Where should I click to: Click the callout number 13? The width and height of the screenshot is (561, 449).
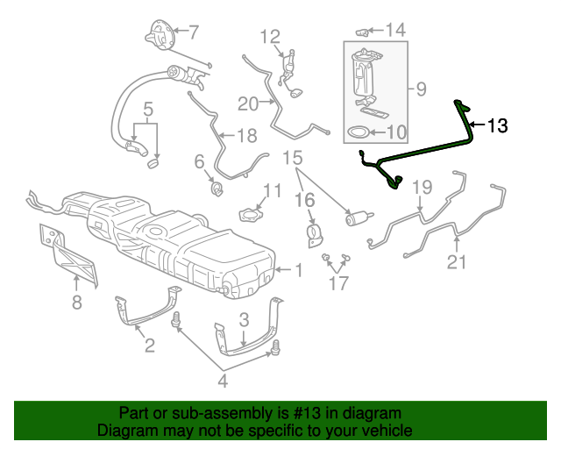(x=497, y=126)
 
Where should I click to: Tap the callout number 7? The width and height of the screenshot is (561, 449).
(x=194, y=32)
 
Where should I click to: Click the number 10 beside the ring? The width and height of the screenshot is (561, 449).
(x=396, y=132)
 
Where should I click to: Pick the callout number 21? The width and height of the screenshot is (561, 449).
(x=457, y=261)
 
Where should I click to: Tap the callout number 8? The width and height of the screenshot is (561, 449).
(x=76, y=303)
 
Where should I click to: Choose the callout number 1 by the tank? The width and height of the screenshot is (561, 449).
(x=298, y=270)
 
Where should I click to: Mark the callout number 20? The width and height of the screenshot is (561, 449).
(x=247, y=103)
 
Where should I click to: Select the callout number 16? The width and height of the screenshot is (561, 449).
(x=303, y=201)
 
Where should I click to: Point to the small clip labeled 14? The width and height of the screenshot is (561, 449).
(x=361, y=32)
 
